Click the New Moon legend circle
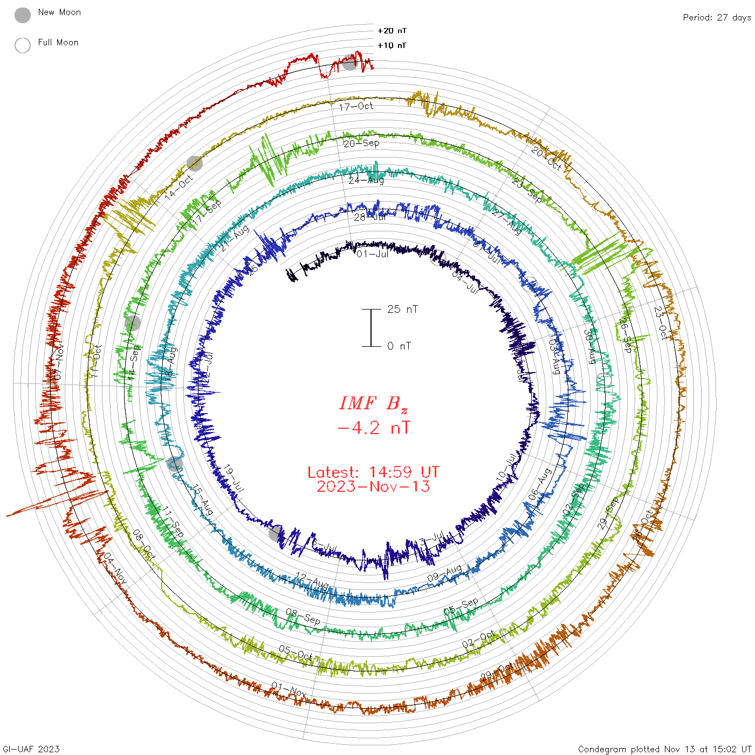click(x=23, y=15)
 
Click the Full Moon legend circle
click(x=23, y=45)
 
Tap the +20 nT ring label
click(x=392, y=31)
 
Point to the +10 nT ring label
click(x=392, y=45)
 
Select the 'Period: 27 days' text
click(x=717, y=17)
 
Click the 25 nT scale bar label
click(x=402, y=309)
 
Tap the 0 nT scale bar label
click(x=399, y=346)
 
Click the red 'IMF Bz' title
click(x=373, y=403)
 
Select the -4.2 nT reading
click(x=373, y=428)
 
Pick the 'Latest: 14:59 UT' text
click(x=373, y=472)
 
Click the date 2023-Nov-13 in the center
click(x=373, y=486)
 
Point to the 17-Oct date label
click(x=356, y=106)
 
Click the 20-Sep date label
click(x=361, y=143)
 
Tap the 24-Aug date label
click(x=366, y=180)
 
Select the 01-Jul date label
click(x=372, y=253)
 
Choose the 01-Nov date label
click(x=289, y=690)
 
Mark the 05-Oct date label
click(x=296, y=653)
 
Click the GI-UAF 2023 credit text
click(x=31, y=749)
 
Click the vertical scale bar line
click(x=371, y=327)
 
